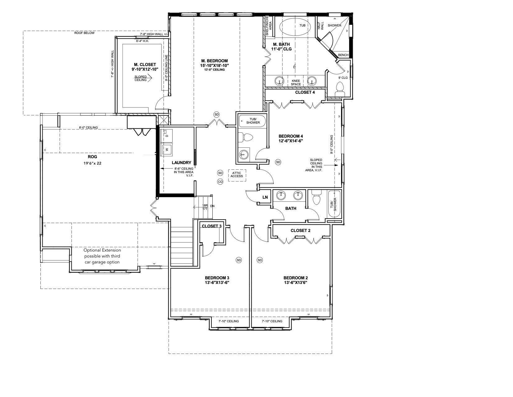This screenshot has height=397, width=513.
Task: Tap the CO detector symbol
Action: [x=220, y=182]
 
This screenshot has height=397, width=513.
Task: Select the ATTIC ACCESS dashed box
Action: [x=237, y=175]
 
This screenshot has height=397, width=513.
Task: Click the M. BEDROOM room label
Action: [x=214, y=61]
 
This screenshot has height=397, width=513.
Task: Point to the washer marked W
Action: [x=166, y=149]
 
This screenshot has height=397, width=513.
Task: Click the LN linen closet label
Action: [x=265, y=197]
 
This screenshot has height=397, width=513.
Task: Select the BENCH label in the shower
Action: [x=343, y=55]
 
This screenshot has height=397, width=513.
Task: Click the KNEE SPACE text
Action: [x=296, y=83]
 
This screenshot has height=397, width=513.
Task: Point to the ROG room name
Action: [x=92, y=157]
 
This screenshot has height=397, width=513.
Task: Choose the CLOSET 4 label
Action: [x=305, y=92]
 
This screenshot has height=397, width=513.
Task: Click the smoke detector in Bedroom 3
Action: [x=239, y=260]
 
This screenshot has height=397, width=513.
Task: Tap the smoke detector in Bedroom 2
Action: [x=260, y=260]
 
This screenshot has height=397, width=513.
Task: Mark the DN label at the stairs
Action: [x=212, y=206]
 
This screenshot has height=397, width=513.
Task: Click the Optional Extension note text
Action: [x=102, y=256]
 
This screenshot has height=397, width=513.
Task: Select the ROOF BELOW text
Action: [x=84, y=33]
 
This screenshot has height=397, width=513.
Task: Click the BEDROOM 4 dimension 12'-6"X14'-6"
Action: [x=291, y=141]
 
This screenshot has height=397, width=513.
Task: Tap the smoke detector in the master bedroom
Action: [x=216, y=115]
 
